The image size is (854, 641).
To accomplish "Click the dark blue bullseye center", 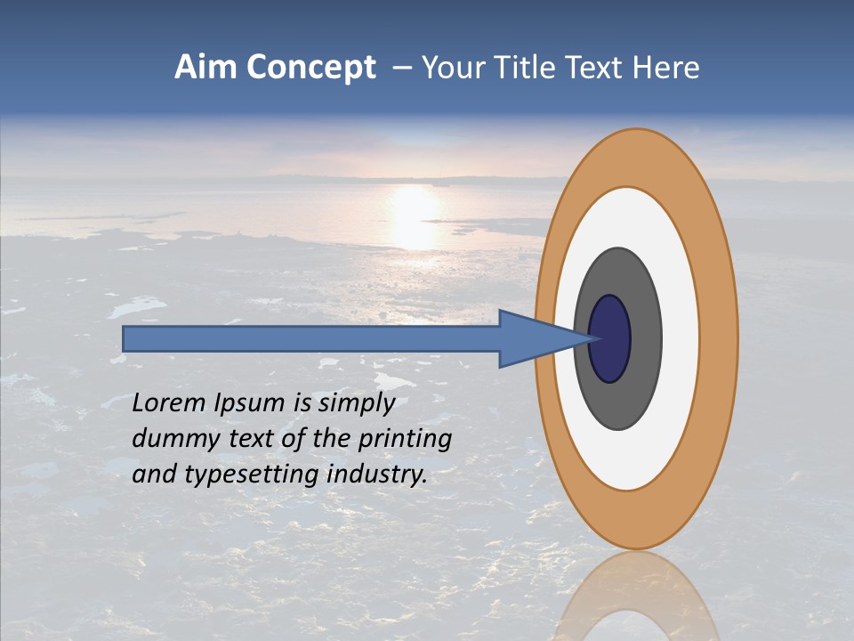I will (x=611, y=338).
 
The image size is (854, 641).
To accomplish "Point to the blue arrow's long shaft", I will (x=311, y=338).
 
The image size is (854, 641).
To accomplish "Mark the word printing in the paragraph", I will (x=405, y=440).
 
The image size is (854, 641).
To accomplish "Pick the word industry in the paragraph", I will (x=377, y=475).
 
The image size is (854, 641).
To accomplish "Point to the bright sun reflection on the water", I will (x=413, y=214).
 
